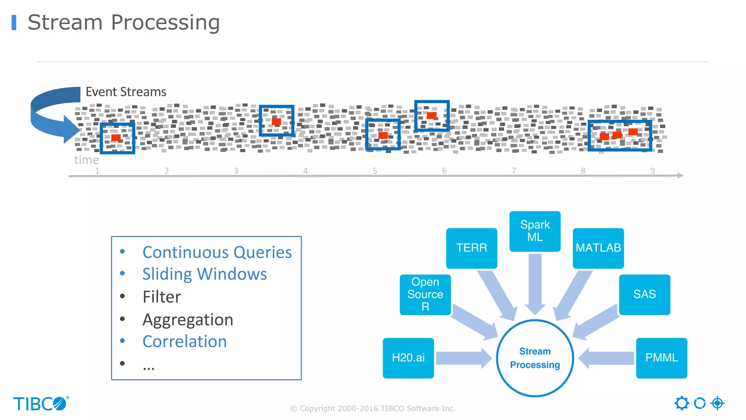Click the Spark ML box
[x=535, y=231]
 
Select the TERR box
[x=471, y=248]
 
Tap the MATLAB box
[x=598, y=248]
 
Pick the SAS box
[x=644, y=294]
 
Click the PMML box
[x=661, y=358]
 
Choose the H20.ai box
[x=408, y=358]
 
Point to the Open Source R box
[x=425, y=294]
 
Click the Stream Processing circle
[x=535, y=358]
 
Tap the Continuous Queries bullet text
[x=217, y=252]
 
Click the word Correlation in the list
[x=185, y=342]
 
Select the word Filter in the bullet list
[x=162, y=297]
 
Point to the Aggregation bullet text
[x=188, y=320]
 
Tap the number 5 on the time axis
[x=375, y=171]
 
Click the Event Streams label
[x=126, y=92]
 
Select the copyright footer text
[x=373, y=409]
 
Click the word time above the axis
[x=86, y=160]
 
